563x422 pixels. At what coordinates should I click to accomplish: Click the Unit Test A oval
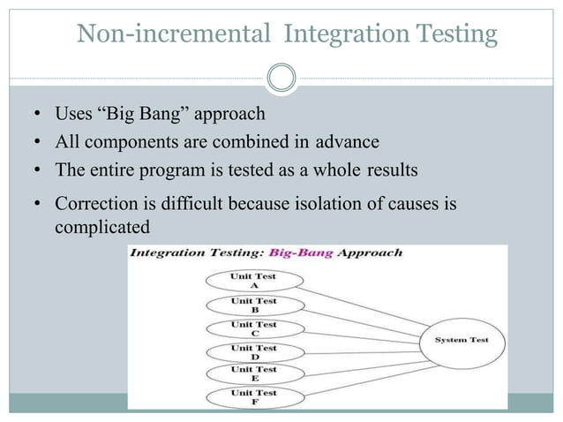(253, 281)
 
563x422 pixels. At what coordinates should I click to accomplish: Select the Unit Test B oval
(253, 305)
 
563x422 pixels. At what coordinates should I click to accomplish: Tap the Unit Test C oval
(253, 328)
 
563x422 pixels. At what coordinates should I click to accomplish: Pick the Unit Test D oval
(253, 351)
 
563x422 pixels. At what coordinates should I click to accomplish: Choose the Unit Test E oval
(253, 373)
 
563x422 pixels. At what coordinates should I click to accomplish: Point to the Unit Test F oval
(253, 396)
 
